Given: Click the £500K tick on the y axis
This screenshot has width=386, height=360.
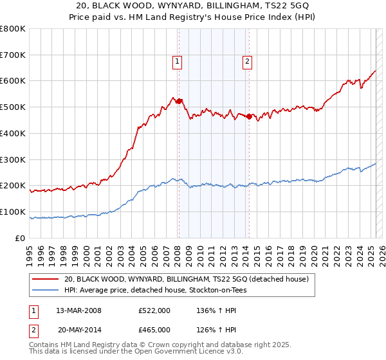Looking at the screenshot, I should [13, 107].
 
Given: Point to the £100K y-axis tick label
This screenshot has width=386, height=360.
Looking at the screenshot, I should [13, 212].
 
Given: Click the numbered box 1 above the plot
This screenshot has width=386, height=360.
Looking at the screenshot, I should [177, 62].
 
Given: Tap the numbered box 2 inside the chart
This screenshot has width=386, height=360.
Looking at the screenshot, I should [247, 62].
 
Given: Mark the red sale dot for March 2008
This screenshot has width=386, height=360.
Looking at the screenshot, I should [179, 101].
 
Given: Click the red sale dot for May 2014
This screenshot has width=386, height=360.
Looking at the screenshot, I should [249, 116].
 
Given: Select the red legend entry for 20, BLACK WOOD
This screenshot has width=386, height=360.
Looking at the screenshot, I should [187, 279].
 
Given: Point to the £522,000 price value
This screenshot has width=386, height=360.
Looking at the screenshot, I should [154, 310].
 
